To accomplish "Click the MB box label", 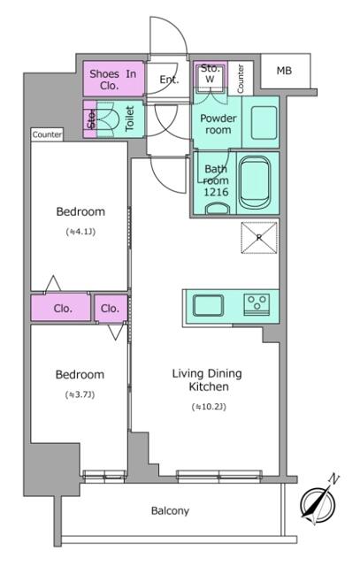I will click(x=285, y=71).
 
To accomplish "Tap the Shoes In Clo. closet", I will click(x=112, y=80).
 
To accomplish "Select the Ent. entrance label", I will click(x=169, y=80).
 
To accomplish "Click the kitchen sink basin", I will click(x=209, y=305).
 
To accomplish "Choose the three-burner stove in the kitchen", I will click(x=258, y=304).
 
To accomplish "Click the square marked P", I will click(x=258, y=237).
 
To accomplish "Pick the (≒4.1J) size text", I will click(x=80, y=233).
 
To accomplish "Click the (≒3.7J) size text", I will click(x=80, y=394).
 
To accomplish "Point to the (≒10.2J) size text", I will click(x=207, y=407).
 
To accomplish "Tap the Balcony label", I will click(x=170, y=511).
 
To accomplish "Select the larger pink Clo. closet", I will click(x=62, y=309).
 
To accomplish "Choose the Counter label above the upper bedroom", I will click(x=46, y=134).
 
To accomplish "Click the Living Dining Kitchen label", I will click(x=207, y=380).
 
